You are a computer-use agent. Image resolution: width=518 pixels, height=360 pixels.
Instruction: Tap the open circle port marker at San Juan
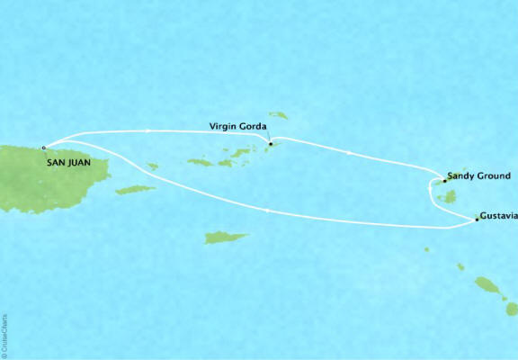tap(43, 146)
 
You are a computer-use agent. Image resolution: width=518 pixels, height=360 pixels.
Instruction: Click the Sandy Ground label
tap(479, 175)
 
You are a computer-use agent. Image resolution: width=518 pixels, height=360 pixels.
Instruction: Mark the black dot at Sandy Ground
tap(443, 181)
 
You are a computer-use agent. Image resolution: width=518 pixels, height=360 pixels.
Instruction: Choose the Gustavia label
tap(498, 216)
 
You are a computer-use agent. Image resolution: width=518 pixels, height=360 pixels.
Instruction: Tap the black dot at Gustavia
tap(477, 219)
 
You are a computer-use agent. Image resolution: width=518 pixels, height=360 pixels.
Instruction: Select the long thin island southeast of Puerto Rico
tap(136, 190)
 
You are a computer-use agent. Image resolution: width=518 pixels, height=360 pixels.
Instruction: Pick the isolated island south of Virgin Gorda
tap(226, 238)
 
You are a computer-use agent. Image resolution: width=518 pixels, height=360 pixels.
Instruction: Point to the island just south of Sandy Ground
tap(450, 195)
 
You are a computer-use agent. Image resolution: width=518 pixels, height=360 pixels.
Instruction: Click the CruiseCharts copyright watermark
tap(5, 328)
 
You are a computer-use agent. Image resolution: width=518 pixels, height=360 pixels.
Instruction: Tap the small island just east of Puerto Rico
tap(153, 166)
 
